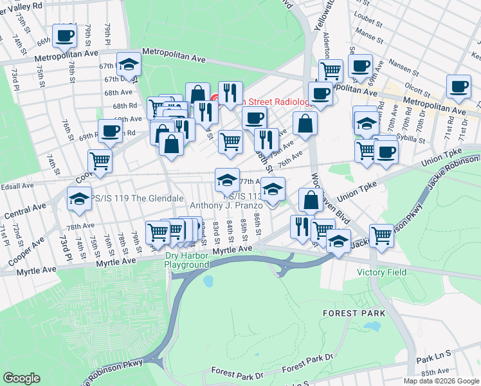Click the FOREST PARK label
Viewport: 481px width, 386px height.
pyautogui.click(x=354, y=313)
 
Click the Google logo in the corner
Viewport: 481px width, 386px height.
pyautogui.click(x=22, y=378)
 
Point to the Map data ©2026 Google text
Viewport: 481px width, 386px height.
pyautogui.click(x=440, y=381)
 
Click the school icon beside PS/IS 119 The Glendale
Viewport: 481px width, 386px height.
pyautogui.click(x=79, y=198)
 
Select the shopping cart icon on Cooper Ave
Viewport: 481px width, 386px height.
pyautogui.click(x=100, y=161)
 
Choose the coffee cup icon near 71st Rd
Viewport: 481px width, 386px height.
pyautogui.click(x=459, y=86)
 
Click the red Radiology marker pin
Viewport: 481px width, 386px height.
pyautogui.click(x=215, y=99)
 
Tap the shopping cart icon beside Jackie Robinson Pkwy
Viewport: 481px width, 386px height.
pyautogui.click(x=381, y=235)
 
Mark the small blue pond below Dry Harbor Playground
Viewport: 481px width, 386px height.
pyautogui.click(x=208, y=281)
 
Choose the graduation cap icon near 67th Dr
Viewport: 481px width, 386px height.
pyautogui.click(x=129, y=64)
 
